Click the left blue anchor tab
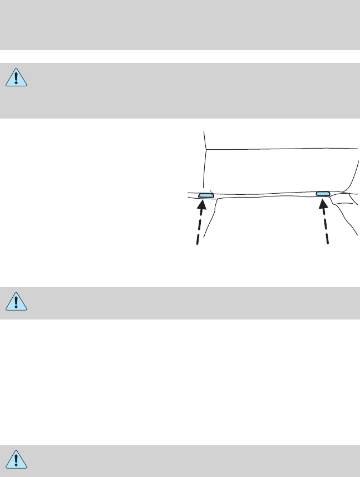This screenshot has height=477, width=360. click(206, 195)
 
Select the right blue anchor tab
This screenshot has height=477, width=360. click(323, 193)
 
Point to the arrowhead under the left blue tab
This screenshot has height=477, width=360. click(203, 205)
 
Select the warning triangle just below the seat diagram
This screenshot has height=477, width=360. click(17, 302)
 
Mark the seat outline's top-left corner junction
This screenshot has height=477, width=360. click(206, 149)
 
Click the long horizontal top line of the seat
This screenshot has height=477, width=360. click(278, 149)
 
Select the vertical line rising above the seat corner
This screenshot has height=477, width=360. click(205, 139)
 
